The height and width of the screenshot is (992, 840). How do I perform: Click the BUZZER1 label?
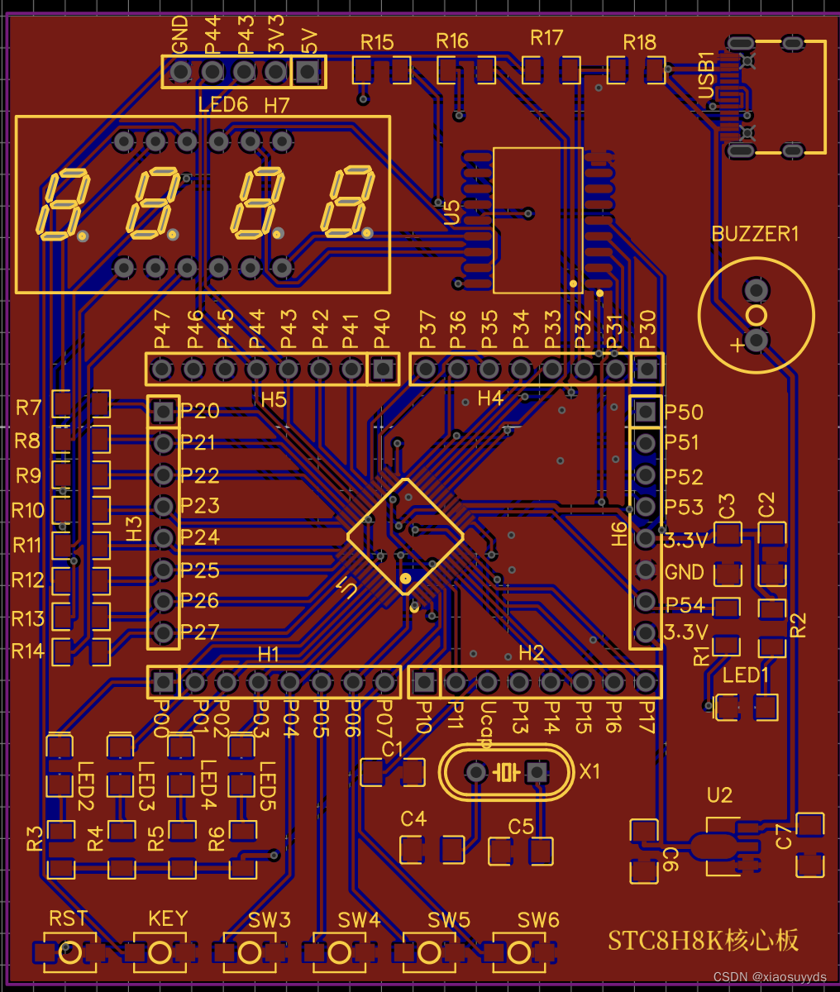755,234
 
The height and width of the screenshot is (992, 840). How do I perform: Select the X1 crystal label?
589,771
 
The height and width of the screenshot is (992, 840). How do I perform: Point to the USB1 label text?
707,75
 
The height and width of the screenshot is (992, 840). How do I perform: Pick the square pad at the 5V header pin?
308,72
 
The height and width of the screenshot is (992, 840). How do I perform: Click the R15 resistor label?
377,42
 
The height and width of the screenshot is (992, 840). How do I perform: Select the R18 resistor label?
639,42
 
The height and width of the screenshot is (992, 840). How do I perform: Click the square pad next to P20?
164,411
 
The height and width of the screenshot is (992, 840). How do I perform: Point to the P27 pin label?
200,632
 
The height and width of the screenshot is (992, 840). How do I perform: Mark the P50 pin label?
684,413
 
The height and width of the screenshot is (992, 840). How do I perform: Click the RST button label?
68,918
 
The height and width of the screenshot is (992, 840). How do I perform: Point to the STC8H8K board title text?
703,940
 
